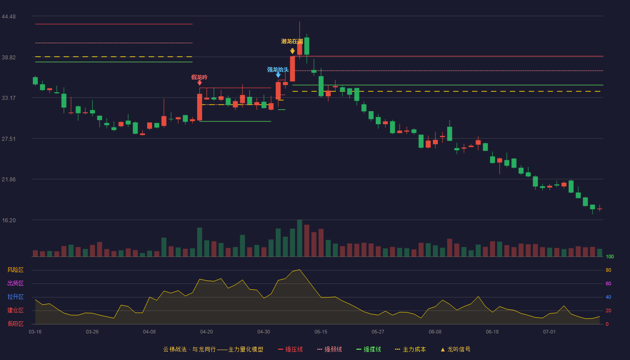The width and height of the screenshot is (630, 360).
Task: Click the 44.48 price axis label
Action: point(9,17)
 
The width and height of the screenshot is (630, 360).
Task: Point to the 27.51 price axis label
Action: point(9,139)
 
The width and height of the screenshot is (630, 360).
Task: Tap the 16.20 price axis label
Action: point(9,220)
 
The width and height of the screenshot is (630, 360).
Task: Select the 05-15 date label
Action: point(321,332)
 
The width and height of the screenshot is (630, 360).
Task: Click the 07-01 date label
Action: point(549,332)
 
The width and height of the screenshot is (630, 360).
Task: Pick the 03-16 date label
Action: point(35,332)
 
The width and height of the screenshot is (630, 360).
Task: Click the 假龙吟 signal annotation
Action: point(199,77)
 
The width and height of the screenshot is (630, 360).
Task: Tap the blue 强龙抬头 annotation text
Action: point(278,70)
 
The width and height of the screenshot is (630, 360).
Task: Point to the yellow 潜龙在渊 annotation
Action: point(292,41)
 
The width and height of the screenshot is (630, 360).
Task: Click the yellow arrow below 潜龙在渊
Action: point(292,51)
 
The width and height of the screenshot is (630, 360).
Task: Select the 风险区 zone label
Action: point(15,270)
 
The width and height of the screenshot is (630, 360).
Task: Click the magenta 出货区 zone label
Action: point(15,283)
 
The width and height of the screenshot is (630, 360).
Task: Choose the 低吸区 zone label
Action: point(15,324)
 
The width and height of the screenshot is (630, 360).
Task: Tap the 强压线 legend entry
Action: point(290,349)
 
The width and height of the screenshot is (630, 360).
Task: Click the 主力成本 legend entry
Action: point(410,349)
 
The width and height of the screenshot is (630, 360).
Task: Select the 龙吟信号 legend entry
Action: point(455,349)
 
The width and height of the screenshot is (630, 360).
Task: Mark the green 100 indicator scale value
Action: point(610,256)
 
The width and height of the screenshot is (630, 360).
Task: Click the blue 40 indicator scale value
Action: point(608,297)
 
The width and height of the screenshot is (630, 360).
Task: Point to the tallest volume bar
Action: point(300,238)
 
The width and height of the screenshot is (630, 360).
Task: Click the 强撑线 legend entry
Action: point(369,349)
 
